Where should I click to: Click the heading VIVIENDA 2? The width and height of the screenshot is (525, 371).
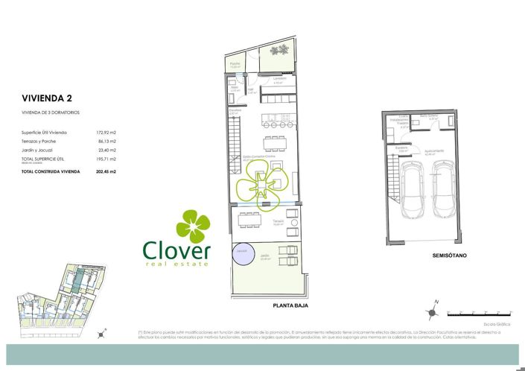click(x=46, y=98)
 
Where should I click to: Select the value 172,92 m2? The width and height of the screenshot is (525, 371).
click(x=107, y=132)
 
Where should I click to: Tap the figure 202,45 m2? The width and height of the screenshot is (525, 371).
click(x=107, y=171)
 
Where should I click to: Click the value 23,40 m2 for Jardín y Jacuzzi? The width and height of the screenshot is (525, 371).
click(x=109, y=150)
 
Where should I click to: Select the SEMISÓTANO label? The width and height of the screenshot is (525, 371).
click(x=449, y=256)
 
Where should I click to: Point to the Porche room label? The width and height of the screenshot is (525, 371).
click(x=235, y=65)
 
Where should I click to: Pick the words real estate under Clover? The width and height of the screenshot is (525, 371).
click(x=178, y=263)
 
